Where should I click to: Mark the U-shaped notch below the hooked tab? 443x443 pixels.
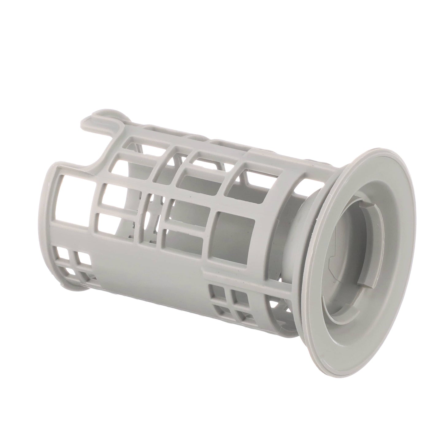(92, 153)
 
